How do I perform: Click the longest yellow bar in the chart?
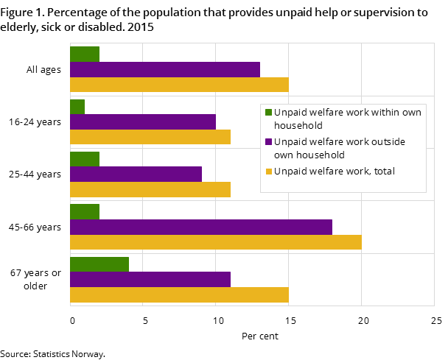[215, 242]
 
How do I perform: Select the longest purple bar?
[200, 227]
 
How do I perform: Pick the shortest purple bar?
[136, 174]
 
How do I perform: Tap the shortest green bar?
[77, 107]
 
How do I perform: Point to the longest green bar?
[99, 264]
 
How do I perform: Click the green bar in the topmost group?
[85, 54]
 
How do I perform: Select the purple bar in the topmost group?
[165, 69]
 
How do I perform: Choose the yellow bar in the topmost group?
[179, 85]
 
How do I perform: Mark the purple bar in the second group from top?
[143, 121]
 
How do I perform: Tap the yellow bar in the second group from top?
[150, 137]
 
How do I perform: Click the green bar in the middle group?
[85, 159]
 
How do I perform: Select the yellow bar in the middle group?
[150, 189]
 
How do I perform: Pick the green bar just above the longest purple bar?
[85, 211]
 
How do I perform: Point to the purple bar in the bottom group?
[150, 279]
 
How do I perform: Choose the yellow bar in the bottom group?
[179, 294]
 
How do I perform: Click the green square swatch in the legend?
[268, 113]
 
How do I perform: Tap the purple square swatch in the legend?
[268, 142]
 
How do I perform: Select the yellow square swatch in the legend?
[268, 172]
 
